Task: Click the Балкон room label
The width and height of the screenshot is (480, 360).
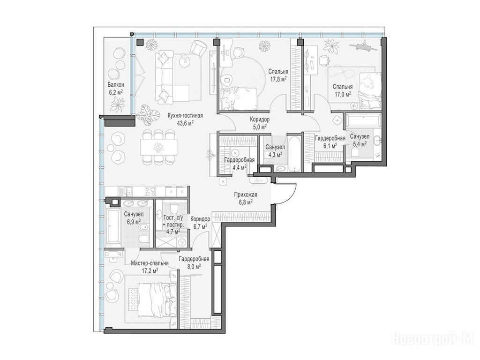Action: pos(116,85)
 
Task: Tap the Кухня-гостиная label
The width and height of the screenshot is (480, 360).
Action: pos(185,116)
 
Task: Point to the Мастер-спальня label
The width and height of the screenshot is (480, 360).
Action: pos(150,263)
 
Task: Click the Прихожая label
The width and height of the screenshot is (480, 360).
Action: pos(246,195)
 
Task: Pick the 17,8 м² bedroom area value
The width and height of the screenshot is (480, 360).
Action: pos(278,79)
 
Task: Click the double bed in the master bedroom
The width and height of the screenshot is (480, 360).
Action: pos(157,300)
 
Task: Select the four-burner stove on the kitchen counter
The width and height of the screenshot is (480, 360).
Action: pos(150,191)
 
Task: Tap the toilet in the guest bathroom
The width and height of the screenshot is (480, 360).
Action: pos(173,207)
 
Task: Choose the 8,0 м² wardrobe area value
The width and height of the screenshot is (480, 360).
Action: pos(195,266)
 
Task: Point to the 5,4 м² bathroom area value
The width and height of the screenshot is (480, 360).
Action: pos(360,144)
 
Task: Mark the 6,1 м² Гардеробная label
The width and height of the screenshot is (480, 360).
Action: pos(330,138)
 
